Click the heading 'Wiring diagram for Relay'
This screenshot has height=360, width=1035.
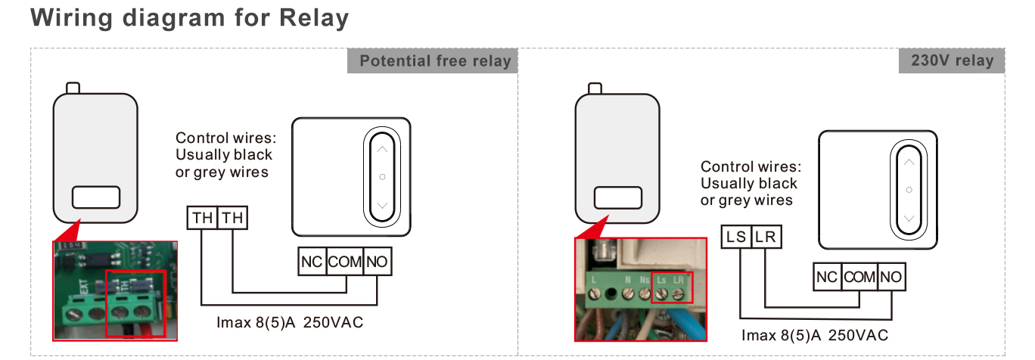[189, 18]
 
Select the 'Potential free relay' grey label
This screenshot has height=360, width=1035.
[432, 61]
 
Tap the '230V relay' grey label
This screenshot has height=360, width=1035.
[951, 61]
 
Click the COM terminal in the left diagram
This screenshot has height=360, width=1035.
[345, 262]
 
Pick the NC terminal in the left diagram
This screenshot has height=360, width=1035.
[311, 262]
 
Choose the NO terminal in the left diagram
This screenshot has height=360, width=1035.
[378, 262]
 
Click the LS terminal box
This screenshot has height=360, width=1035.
[735, 237]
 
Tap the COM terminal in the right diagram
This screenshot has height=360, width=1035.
[859, 277]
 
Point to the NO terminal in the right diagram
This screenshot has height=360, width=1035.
[890, 277]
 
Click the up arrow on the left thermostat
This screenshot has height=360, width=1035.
[382, 149]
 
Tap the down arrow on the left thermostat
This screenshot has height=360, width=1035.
[382, 206]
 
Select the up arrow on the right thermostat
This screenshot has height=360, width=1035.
[909, 161]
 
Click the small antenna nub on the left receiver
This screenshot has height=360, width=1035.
[73, 88]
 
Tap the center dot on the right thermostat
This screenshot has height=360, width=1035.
[909, 189]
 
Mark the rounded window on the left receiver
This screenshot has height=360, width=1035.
[95, 198]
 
